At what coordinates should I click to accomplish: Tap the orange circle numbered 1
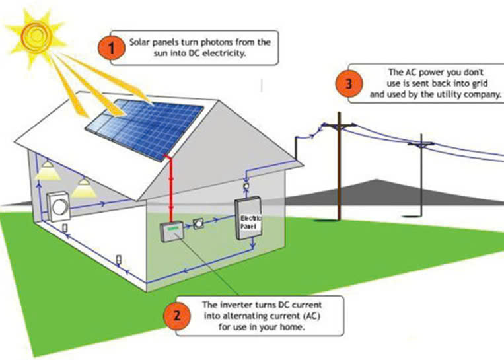tap(111, 48)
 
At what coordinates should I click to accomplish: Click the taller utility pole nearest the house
tap(339, 172)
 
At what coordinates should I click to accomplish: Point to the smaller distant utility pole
tap(420, 178)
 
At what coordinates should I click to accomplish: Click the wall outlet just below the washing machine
tap(65, 229)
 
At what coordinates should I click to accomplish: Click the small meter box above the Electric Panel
tap(246, 188)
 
